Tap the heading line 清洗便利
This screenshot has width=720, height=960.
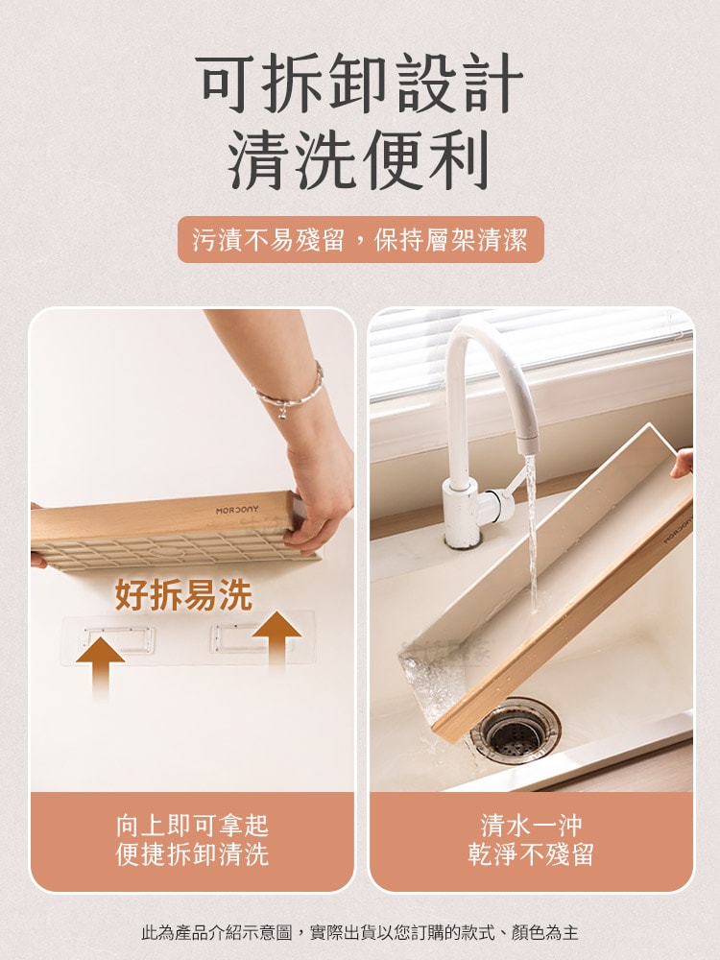point(359,159)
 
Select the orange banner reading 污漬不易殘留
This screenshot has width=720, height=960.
point(361,239)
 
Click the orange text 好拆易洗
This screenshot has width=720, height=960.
point(183,594)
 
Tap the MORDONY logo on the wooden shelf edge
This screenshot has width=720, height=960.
point(237,510)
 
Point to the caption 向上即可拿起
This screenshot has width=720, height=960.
point(192,826)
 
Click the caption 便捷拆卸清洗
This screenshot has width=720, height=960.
point(192,854)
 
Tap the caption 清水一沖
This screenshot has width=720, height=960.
point(531,826)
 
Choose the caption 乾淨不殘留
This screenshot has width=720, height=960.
point(531,854)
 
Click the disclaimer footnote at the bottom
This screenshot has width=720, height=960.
point(359,932)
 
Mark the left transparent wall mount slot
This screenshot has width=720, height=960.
point(119,639)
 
